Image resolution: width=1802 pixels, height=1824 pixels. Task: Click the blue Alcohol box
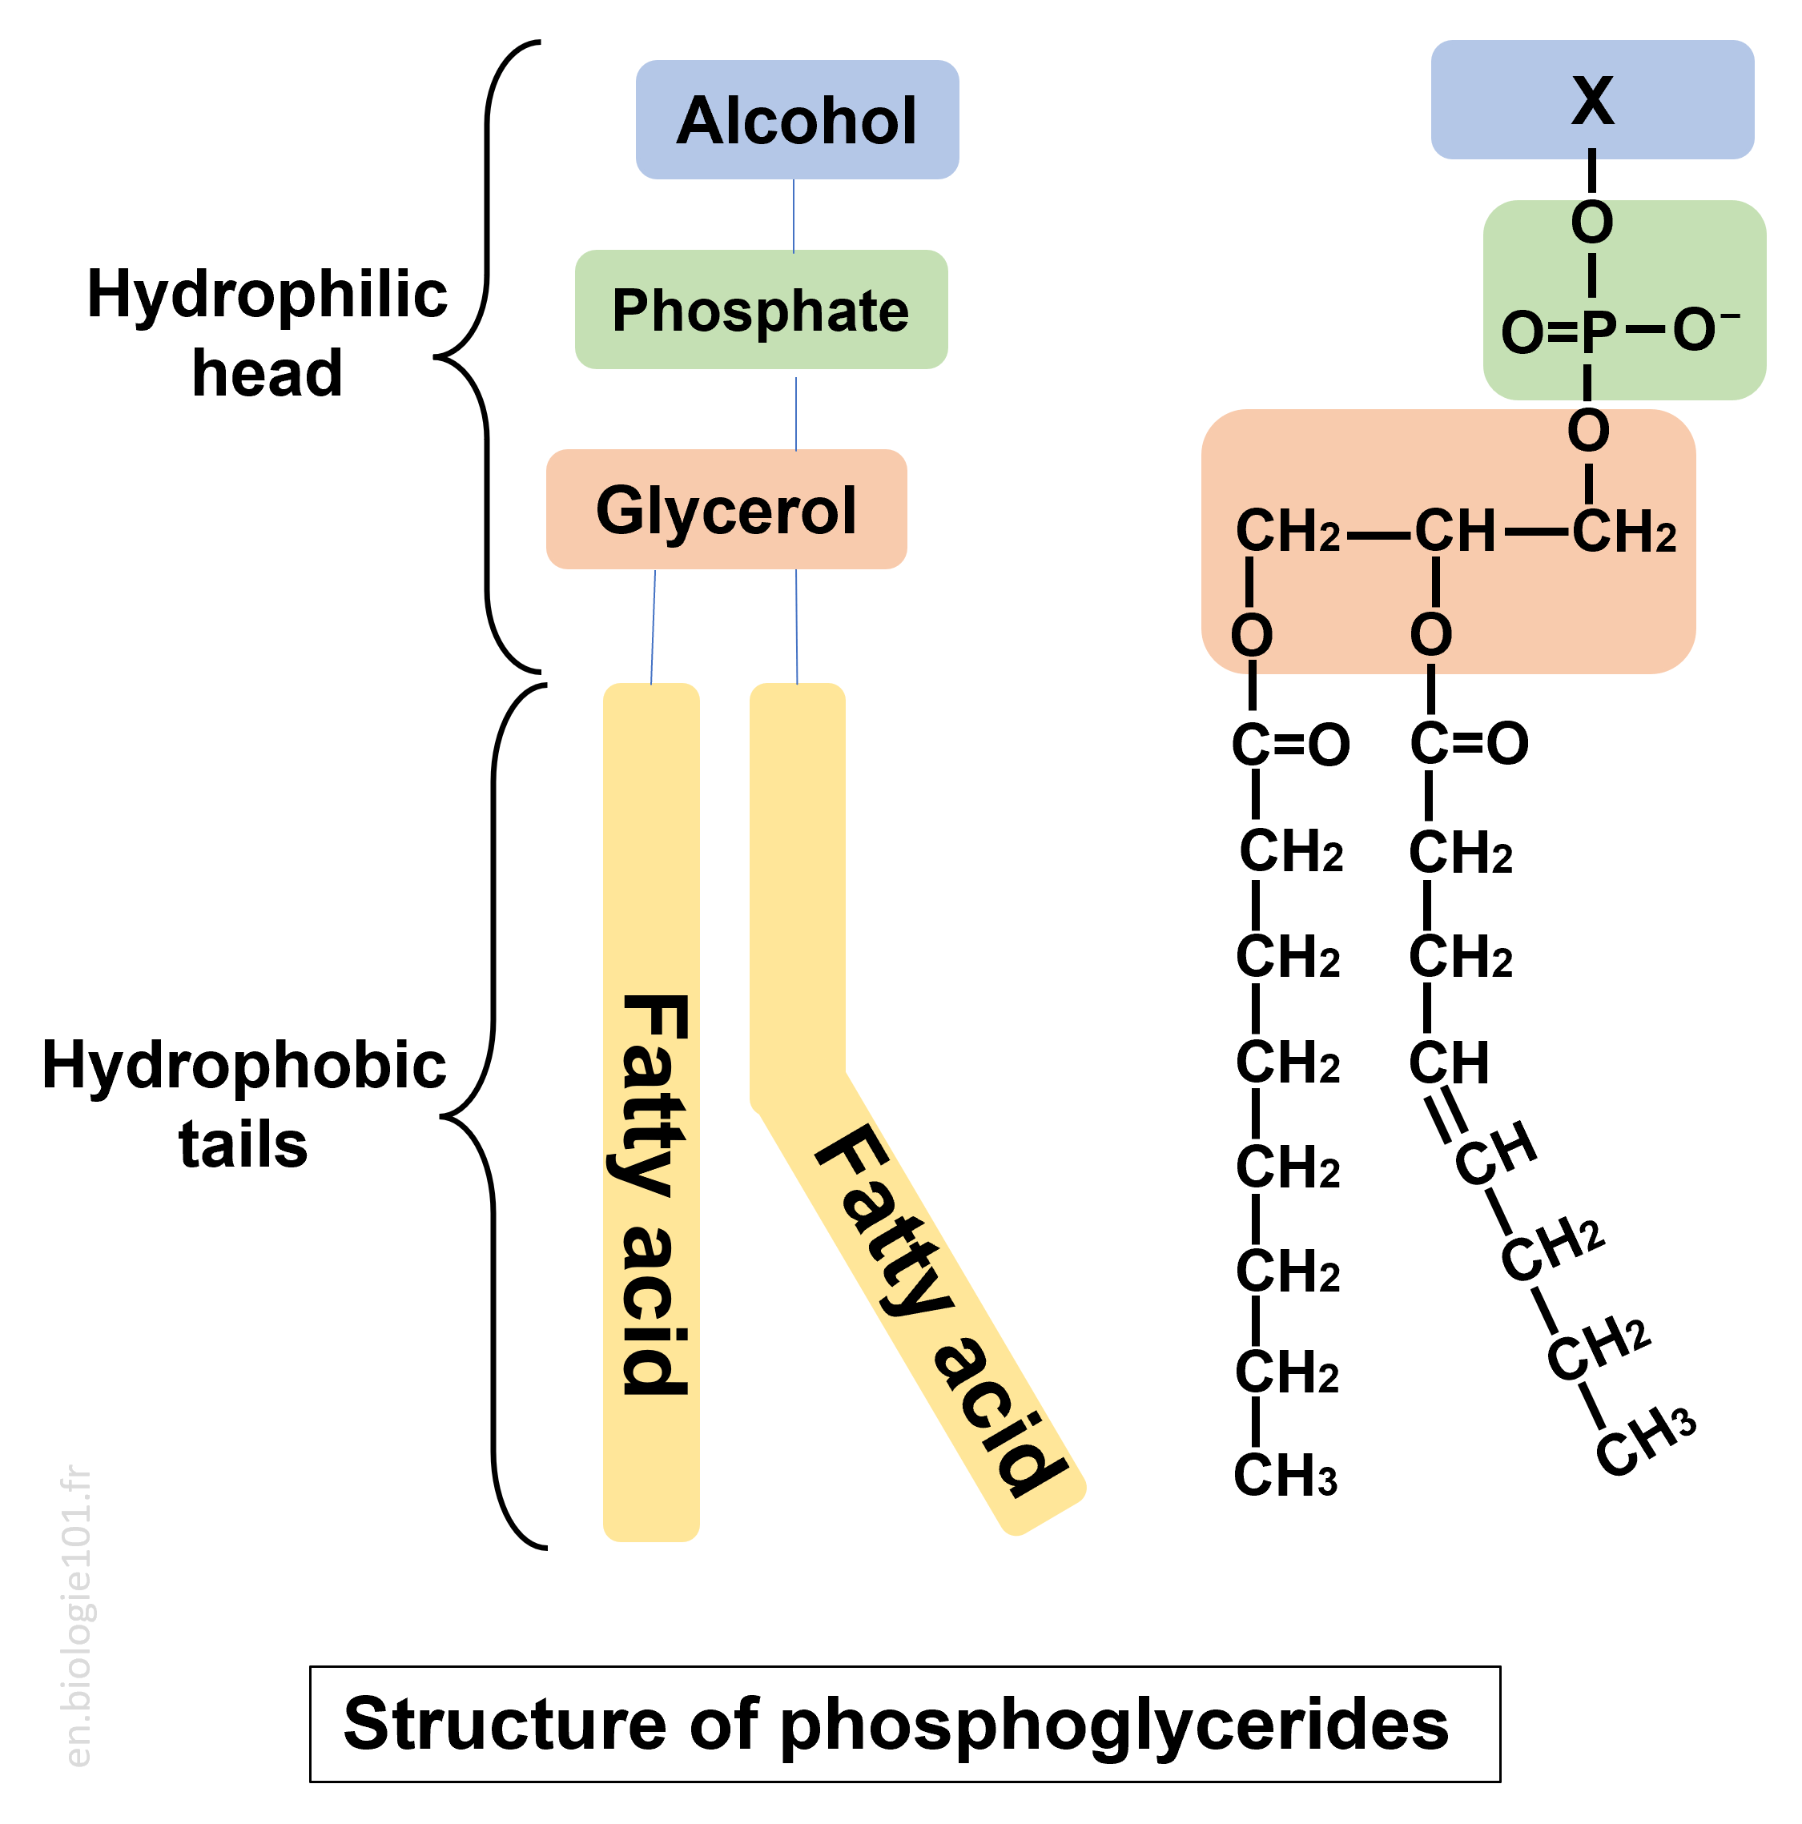tap(796, 120)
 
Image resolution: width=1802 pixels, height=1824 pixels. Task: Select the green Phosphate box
tap(760, 310)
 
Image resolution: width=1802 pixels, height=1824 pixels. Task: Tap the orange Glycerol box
tap(726, 510)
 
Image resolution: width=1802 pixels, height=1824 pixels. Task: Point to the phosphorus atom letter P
tap(1598, 332)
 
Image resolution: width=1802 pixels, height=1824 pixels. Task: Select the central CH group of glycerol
tap(1454, 531)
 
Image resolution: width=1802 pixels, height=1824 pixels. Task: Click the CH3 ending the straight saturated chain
tap(1285, 1475)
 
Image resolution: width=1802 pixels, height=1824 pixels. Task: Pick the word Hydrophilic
tap(267, 294)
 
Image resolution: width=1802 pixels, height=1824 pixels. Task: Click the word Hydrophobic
tap(243, 1065)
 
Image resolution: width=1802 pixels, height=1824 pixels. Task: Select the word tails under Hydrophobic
tap(243, 1144)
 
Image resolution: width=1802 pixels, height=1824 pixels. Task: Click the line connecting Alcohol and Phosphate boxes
tap(794, 215)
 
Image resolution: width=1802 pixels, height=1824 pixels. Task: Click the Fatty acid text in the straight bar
tap(654, 1195)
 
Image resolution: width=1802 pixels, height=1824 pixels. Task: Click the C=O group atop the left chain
tap(1290, 744)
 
